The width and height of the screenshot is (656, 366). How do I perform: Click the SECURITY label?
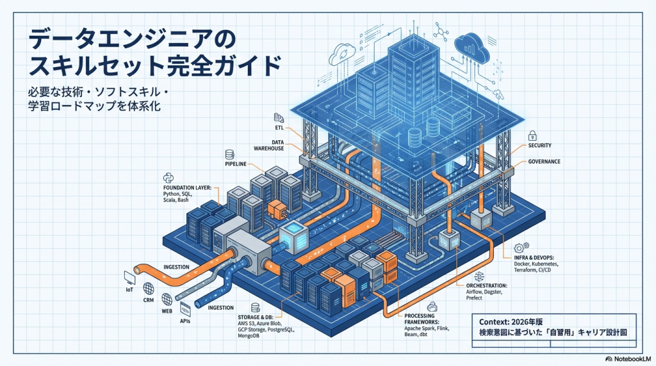pyautogui.click(x=539, y=145)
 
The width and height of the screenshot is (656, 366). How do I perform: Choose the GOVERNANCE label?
pyautogui.click(x=544, y=162)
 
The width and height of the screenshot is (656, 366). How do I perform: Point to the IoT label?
pyautogui.click(x=129, y=290)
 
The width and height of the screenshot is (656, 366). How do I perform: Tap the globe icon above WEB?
pyautogui.click(x=167, y=299)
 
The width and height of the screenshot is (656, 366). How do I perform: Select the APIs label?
pyautogui.click(x=186, y=322)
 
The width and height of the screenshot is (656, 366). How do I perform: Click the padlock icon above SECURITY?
pyautogui.click(x=532, y=136)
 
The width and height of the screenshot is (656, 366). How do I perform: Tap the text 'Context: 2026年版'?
pyautogui.click(x=511, y=321)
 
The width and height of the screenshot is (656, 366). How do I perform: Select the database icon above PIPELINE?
pyautogui.click(x=229, y=154)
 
